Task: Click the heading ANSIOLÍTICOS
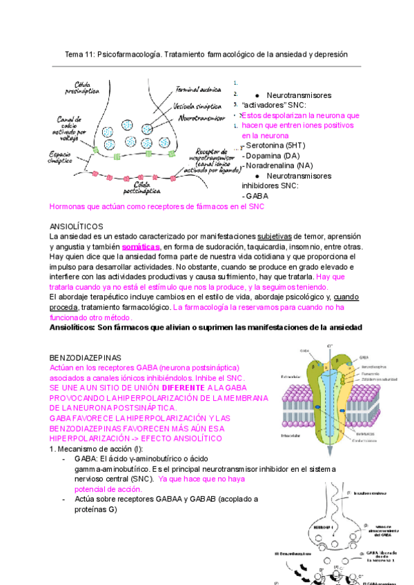77,226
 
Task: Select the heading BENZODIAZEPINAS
86,358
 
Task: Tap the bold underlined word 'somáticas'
140,246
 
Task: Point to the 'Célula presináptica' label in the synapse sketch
82,88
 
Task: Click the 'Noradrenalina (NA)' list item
283,166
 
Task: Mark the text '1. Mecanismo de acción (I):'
97,448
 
